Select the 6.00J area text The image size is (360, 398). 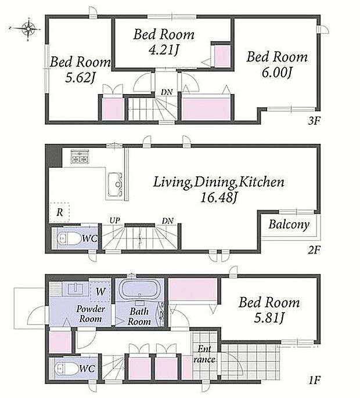pos(276,73)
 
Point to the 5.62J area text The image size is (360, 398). pos(80,78)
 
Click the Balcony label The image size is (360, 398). pos(289,225)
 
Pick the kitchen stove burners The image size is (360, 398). pos(80,157)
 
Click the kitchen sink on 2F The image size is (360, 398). pos(115,184)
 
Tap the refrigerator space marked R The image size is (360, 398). pos(60,212)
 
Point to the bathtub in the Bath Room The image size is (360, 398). pos(139,290)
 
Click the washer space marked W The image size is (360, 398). pos(100,291)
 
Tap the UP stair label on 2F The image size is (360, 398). pos(115,221)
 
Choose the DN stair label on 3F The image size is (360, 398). pos(167,92)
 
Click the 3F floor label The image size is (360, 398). pos(314,121)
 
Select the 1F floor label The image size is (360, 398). pos(314,381)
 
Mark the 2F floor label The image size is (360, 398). pos(314,250)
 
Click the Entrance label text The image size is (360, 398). pos(204,354)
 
